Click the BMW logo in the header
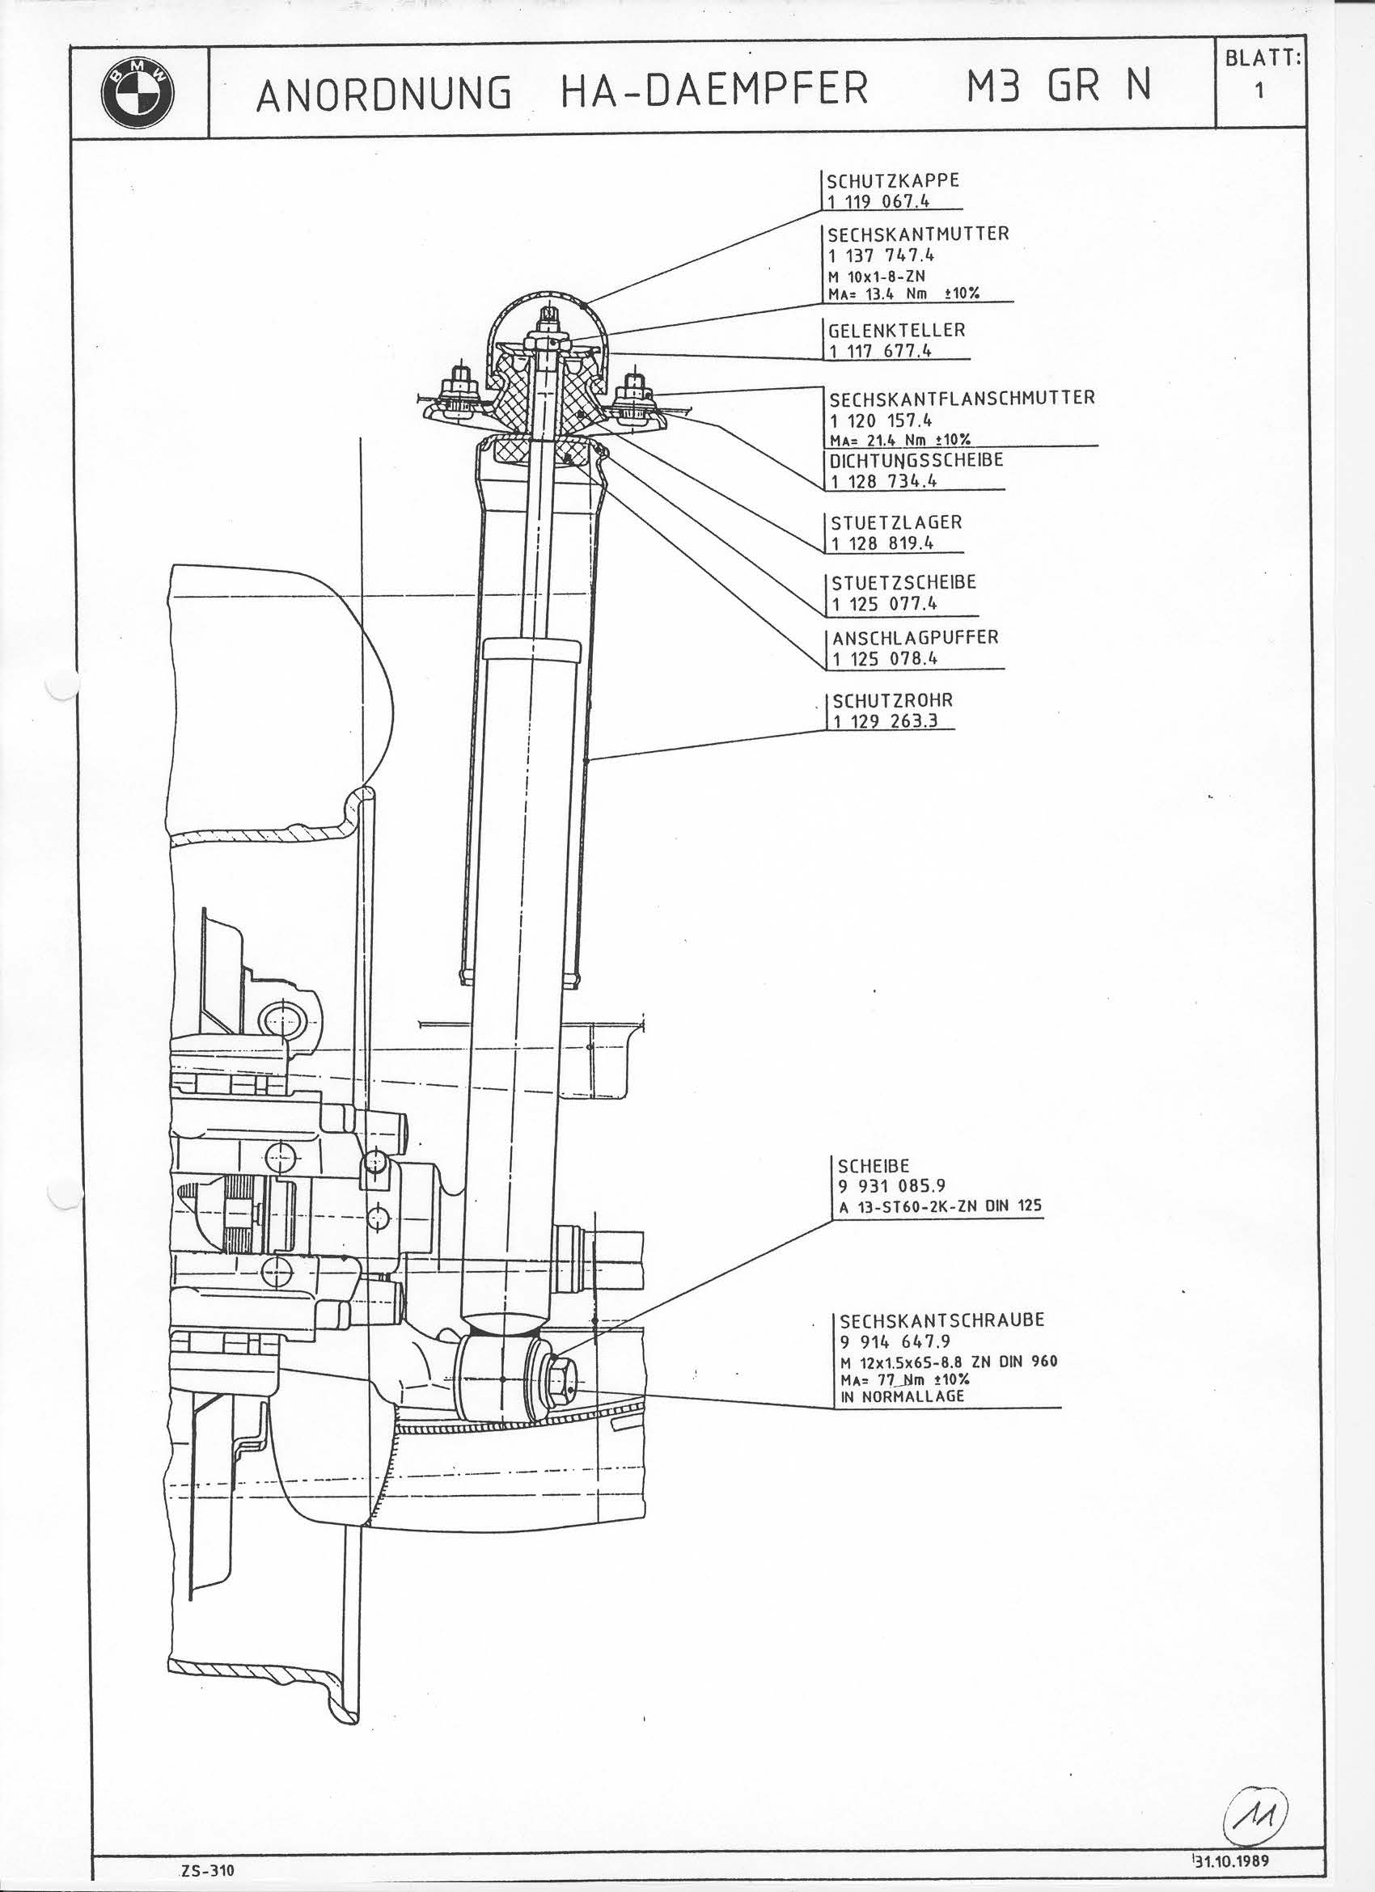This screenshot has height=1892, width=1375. [137, 91]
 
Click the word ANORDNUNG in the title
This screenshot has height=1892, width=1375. [385, 94]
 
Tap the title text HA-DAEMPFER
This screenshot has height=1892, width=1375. [714, 90]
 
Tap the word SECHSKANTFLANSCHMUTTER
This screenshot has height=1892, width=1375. [960, 398]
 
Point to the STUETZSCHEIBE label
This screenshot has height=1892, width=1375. [903, 583]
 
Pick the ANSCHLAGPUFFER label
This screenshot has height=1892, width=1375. [916, 637]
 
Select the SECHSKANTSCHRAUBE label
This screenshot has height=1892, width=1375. [942, 1320]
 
